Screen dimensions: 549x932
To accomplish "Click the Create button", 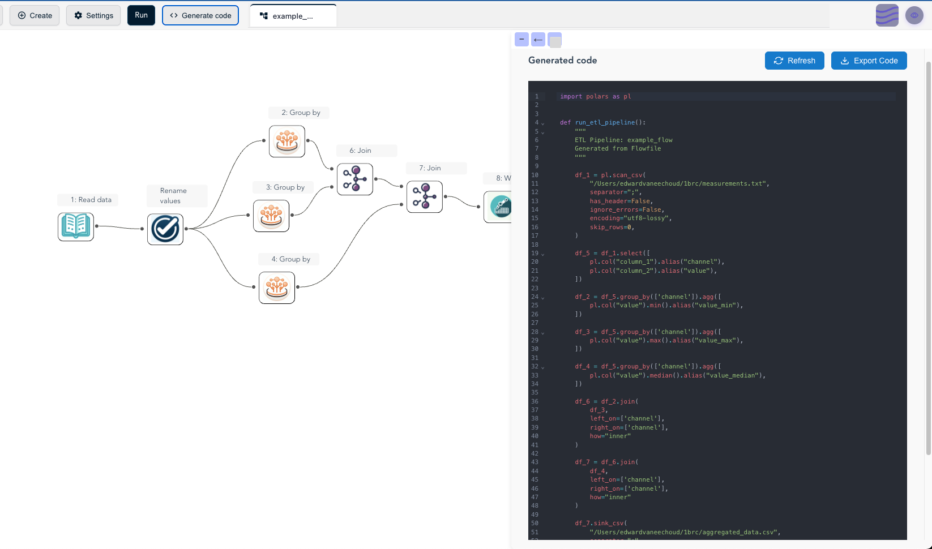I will coord(35,15).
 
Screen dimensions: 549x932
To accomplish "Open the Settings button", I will coord(93,15).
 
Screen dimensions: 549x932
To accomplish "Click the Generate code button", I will coord(200,15).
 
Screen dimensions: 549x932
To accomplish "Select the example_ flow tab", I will coord(292,16).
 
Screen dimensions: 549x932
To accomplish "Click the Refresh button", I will coord(794,61).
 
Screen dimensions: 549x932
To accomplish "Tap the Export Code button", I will coord(869,61).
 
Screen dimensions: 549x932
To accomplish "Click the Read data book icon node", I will coord(76,226).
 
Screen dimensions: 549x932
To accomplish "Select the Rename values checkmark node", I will coord(165,229).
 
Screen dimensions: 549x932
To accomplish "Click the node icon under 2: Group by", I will coord(287,141).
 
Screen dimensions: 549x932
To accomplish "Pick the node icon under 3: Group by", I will coord(271,216).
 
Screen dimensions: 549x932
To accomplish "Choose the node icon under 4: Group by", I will coord(277,288).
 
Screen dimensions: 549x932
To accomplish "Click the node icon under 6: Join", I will coord(355,179).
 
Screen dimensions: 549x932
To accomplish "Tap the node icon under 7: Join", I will coord(425,196).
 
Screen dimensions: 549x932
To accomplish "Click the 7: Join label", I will coord(430,168).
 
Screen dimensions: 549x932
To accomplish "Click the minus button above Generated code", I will coord(521,39).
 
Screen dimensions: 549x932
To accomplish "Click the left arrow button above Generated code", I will coord(538,39).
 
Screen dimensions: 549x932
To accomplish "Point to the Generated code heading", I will coord(562,61).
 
